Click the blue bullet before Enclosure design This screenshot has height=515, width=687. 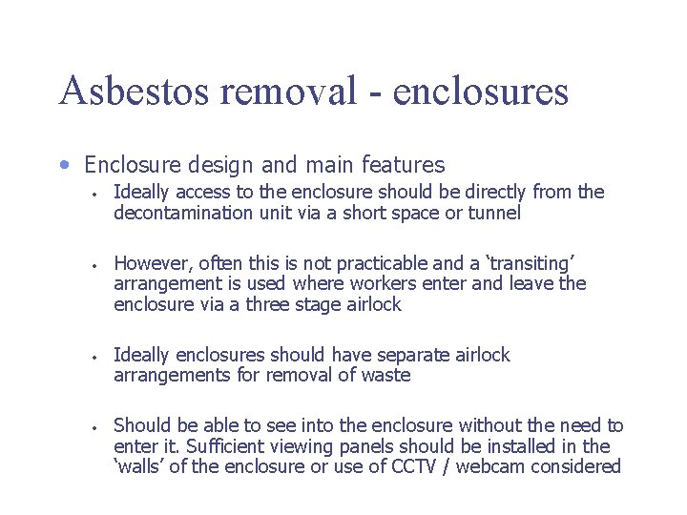click(64, 164)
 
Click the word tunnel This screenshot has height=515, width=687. click(494, 213)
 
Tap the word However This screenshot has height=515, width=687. click(152, 263)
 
